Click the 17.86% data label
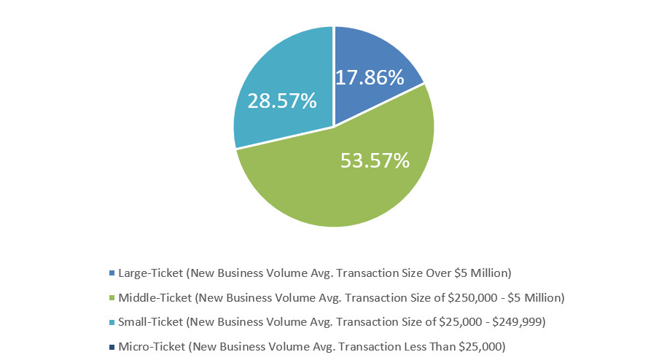click(x=370, y=77)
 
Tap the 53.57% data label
click(x=375, y=160)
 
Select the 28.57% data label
click(x=281, y=101)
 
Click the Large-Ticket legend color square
click(x=112, y=273)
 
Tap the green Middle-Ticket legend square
click(x=112, y=298)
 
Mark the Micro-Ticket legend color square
click(x=112, y=347)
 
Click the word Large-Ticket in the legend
click(x=150, y=273)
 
